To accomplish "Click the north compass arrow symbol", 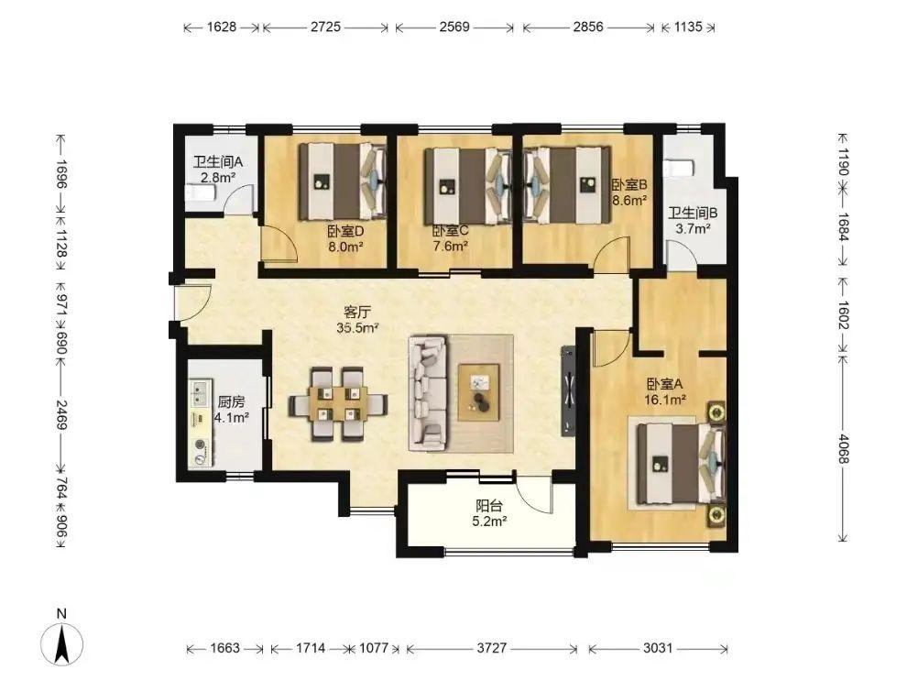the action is [61, 643].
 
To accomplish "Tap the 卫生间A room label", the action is [217, 161].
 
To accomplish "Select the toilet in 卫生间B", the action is [679, 168].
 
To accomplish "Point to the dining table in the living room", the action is [338, 403].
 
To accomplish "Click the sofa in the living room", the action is [428, 393].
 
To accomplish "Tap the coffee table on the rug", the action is [479, 391].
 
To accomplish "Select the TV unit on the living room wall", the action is [568, 390].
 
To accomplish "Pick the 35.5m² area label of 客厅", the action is [357, 328].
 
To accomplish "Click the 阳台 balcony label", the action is [489, 505].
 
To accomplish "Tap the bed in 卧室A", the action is [680, 464].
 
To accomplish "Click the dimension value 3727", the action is [492, 648].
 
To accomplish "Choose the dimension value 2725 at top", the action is [325, 27].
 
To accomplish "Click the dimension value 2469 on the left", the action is [61, 414].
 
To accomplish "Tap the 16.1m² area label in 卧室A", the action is [665, 399].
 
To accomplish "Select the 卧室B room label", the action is [629, 184].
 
